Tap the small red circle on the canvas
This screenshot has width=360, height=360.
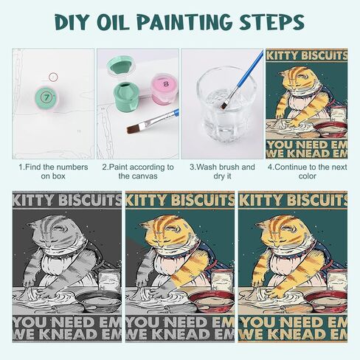[x=52, y=76]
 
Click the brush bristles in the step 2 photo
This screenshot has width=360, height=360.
[x=135, y=128]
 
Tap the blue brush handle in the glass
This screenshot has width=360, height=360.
[x=243, y=71]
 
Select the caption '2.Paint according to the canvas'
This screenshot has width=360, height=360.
[x=137, y=172]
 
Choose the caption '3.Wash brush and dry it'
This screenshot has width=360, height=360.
[x=222, y=172]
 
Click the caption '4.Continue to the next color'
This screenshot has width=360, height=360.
[x=306, y=172]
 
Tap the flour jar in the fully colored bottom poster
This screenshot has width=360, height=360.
[x=336, y=281]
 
